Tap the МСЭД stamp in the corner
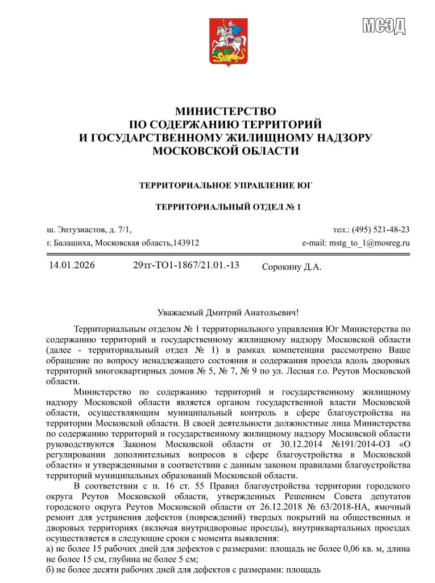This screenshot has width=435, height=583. pyautogui.click(x=384, y=25)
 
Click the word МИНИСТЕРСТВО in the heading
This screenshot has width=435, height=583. pyautogui.click(x=225, y=111)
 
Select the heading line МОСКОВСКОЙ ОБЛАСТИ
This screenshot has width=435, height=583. pyautogui.click(x=226, y=150)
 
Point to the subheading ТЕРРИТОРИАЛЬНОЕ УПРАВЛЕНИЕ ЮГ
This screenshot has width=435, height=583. pyautogui.click(x=226, y=186)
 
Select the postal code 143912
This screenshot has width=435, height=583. pyautogui.click(x=186, y=243)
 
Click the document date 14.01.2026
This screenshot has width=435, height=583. pyautogui.click(x=72, y=265)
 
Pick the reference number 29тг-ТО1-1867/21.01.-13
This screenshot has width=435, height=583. pyautogui.click(x=186, y=265)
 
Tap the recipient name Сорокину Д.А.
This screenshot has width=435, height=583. pyautogui.click(x=292, y=267)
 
